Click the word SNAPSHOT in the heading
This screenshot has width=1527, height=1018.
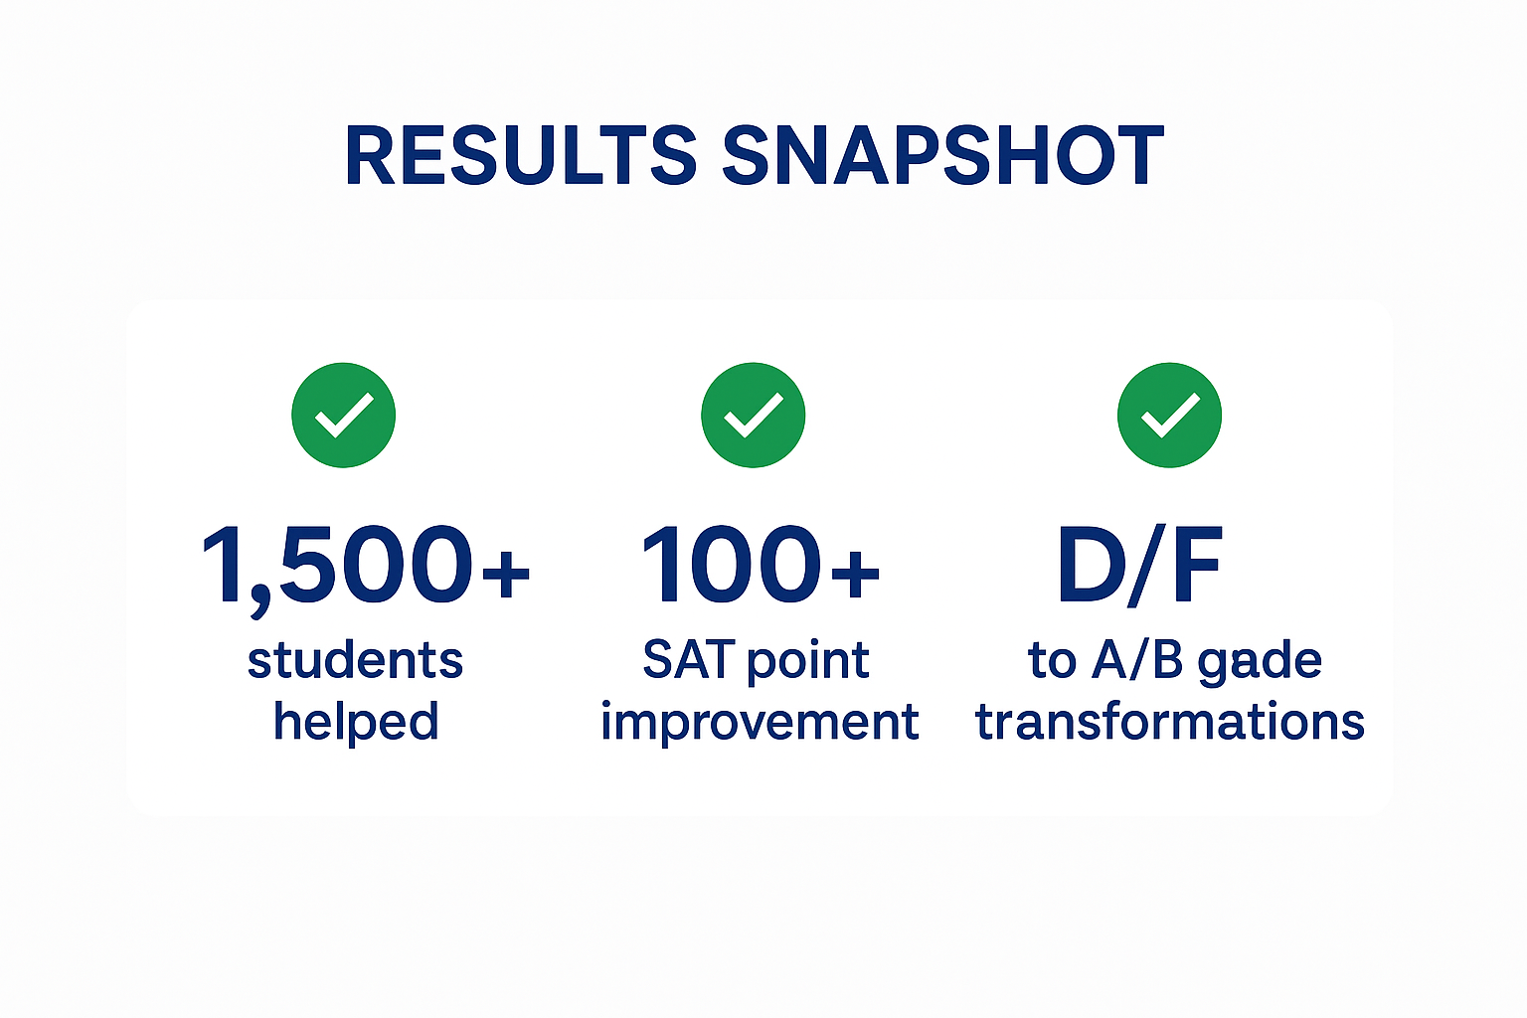click(x=942, y=155)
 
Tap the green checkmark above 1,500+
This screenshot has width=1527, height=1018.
click(x=344, y=416)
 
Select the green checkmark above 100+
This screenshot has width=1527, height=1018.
click(x=754, y=416)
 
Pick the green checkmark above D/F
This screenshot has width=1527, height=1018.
click(x=1170, y=416)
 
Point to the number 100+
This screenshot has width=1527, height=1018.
click(x=761, y=565)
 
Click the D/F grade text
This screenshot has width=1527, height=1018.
click(x=1140, y=566)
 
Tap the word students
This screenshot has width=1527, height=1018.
click(x=355, y=660)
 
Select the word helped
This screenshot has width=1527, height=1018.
click(x=356, y=723)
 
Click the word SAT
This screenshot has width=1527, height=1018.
click(x=687, y=660)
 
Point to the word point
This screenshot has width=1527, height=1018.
click(x=808, y=663)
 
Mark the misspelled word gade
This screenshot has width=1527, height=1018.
click(x=1261, y=663)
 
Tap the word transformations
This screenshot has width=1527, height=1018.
click(x=1170, y=722)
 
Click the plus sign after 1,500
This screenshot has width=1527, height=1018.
click(x=506, y=573)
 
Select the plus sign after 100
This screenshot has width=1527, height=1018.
click(x=856, y=573)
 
